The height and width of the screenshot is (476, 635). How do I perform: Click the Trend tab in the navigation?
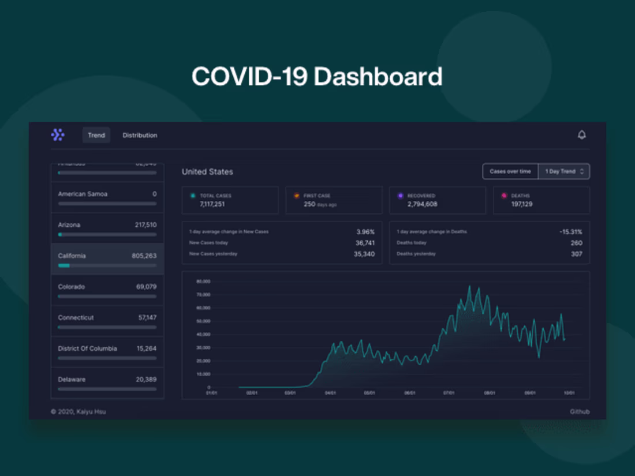click(x=96, y=135)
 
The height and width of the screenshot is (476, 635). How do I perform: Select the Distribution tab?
click(x=140, y=135)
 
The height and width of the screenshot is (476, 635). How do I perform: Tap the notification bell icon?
click(x=581, y=135)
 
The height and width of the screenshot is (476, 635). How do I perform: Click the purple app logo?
click(x=58, y=135)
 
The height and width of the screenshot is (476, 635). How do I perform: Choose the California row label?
click(x=72, y=256)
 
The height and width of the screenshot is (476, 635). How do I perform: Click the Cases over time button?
click(x=510, y=171)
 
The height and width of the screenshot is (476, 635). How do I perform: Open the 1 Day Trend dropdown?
click(x=564, y=171)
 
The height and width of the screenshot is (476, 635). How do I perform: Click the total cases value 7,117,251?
click(x=212, y=204)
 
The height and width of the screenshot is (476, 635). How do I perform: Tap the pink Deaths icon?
click(x=503, y=196)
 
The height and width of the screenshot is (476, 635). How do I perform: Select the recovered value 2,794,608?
click(x=422, y=204)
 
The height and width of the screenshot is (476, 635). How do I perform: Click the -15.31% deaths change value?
click(x=570, y=232)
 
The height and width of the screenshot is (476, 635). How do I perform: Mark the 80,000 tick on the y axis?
click(x=203, y=282)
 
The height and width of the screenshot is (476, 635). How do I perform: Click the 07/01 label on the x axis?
click(x=449, y=393)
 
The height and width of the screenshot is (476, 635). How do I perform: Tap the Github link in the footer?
click(x=580, y=412)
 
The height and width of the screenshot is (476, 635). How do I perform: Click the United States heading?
click(x=207, y=172)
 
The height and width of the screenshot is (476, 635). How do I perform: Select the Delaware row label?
click(x=72, y=380)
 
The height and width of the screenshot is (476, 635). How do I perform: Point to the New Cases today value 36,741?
click(x=365, y=243)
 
